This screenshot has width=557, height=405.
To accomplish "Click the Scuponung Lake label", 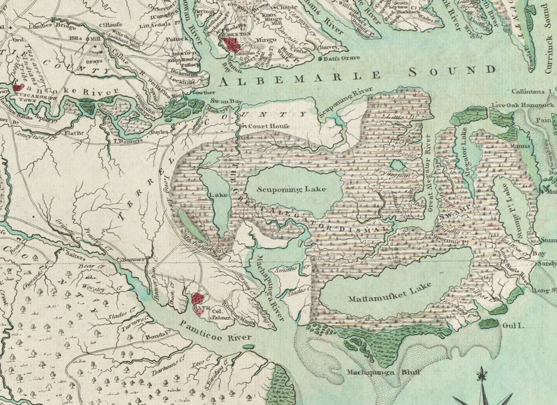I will (x=291, y=189).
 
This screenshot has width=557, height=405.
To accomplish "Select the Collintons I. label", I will (x=532, y=91).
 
